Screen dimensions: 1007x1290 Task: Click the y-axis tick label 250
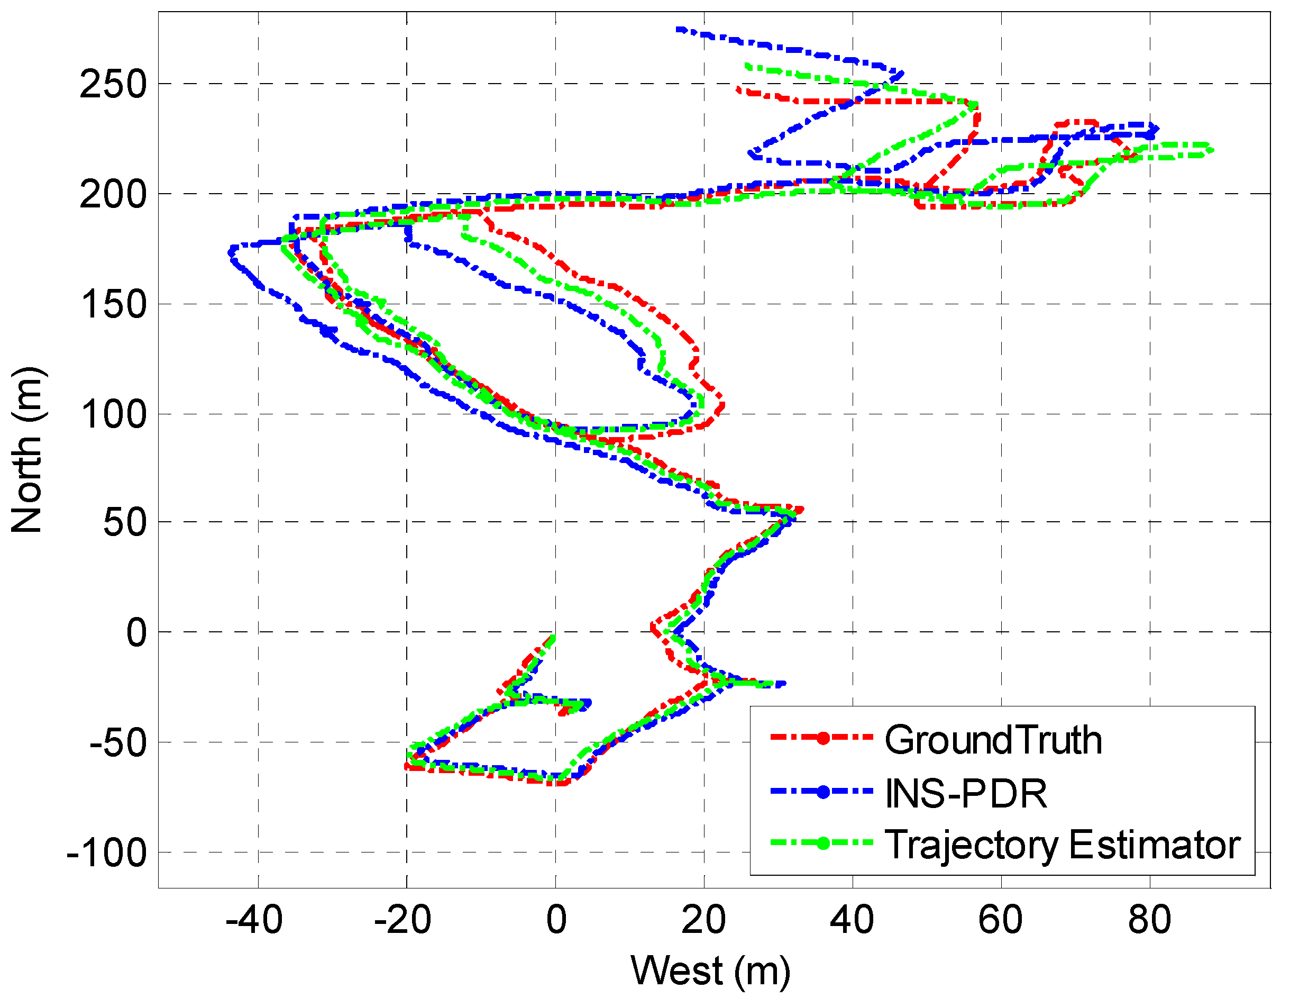point(113,85)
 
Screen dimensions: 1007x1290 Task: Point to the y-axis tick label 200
point(113,194)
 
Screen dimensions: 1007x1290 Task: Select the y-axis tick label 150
point(113,305)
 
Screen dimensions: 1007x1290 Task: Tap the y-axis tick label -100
point(107,854)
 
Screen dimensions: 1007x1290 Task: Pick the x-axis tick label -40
point(254,920)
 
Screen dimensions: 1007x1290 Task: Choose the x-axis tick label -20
point(403,920)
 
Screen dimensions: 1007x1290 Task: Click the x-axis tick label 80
point(1149,920)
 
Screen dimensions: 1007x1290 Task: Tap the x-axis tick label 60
point(1000,920)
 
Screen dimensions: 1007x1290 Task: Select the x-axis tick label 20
point(703,920)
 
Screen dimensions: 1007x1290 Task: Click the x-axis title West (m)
point(710,971)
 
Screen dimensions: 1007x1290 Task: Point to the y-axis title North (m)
point(27,449)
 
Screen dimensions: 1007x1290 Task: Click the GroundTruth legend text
point(993,740)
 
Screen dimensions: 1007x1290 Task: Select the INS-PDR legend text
point(966,793)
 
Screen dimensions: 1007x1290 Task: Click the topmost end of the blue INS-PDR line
point(679,29)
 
